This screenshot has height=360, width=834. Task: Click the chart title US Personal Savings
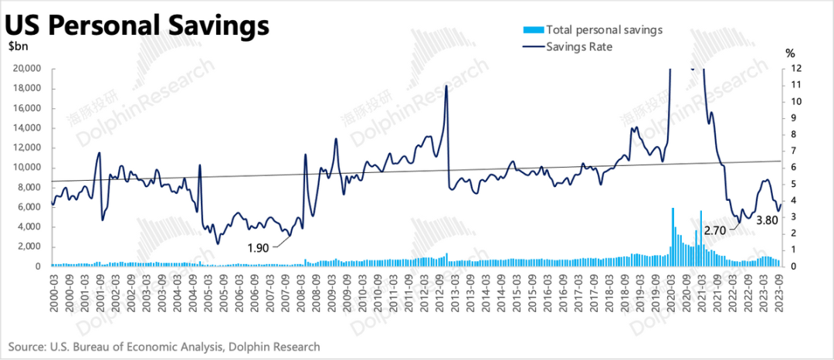point(137,25)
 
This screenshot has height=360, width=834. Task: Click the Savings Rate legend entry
point(578,47)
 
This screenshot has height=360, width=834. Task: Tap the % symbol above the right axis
point(790,53)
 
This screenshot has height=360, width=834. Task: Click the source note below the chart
point(164,347)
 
